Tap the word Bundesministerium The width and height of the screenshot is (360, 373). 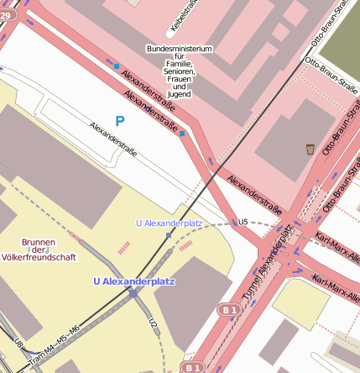point(180,49)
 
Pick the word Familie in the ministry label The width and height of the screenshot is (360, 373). point(180,65)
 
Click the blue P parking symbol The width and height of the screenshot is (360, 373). point(119,122)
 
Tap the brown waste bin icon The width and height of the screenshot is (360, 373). point(310,150)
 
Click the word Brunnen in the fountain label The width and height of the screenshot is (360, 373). point(38,239)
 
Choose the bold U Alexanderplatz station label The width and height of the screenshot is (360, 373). point(134,281)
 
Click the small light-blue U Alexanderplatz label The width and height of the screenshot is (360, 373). point(169,223)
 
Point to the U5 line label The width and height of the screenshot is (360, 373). point(243,222)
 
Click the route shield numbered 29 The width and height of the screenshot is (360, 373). point(3,14)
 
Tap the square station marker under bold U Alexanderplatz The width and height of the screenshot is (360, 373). point(133,293)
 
